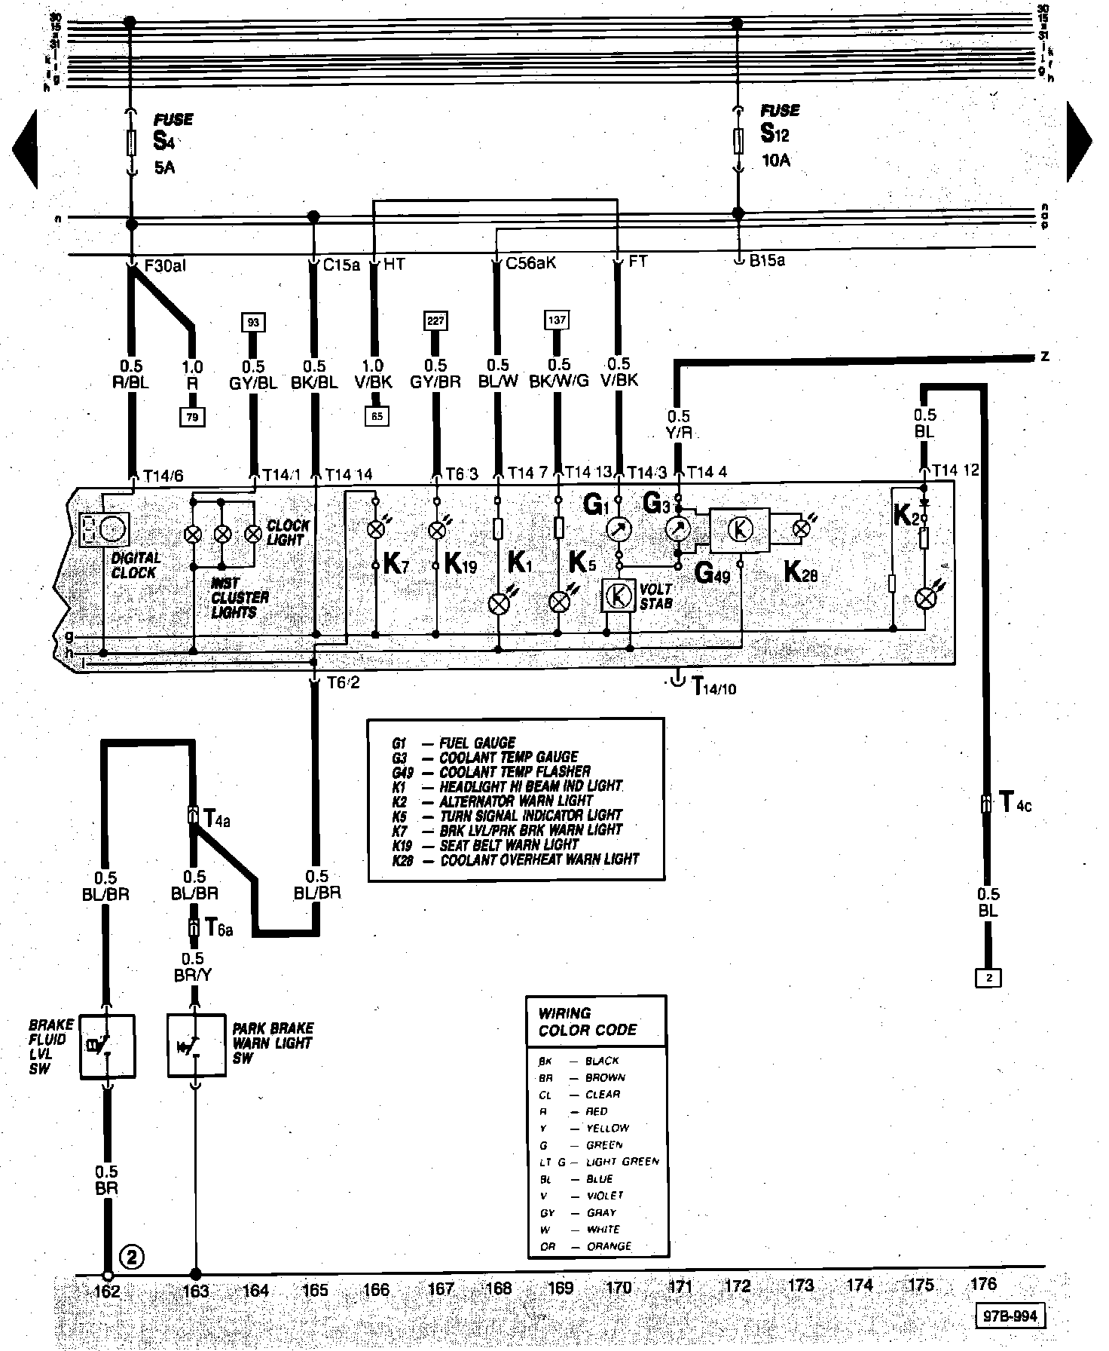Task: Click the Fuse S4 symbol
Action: click(x=131, y=142)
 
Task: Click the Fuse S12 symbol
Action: click(x=738, y=140)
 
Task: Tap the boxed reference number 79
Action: click(x=192, y=416)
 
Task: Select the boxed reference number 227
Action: click(x=435, y=320)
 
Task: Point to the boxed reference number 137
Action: click(x=556, y=320)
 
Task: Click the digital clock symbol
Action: click(x=105, y=529)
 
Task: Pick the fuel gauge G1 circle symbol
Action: click(x=619, y=529)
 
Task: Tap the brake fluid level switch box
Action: click(x=107, y=1046)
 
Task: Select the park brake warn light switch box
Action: click(x=196, y=1046)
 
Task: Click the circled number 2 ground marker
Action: click(x=132, y=1257)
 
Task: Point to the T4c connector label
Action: click(x=1014, y=803)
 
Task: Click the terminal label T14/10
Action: click(x=713, y=686)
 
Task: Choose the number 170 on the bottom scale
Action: click(x=619, y=1288)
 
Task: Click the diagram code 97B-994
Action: click(x=1010, y=1316)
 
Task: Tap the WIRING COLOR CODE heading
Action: click(x=587, y=1022)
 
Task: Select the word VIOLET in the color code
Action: click(x=605, y=1196)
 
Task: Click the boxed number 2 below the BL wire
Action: click(x=988, y=978)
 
